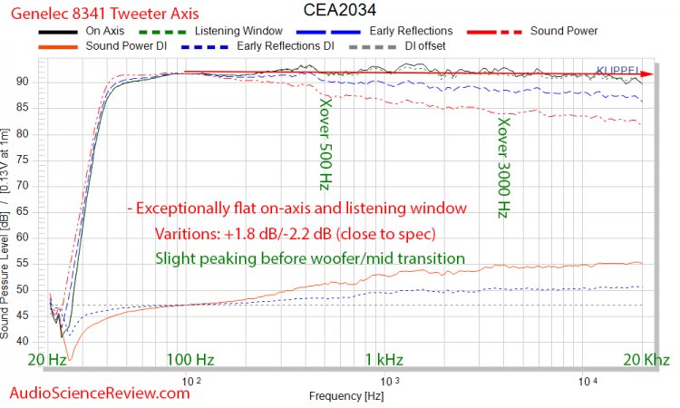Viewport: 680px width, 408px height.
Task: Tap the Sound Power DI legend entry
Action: point(126,44)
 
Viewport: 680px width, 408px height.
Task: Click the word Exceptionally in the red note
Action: point(189,209)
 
